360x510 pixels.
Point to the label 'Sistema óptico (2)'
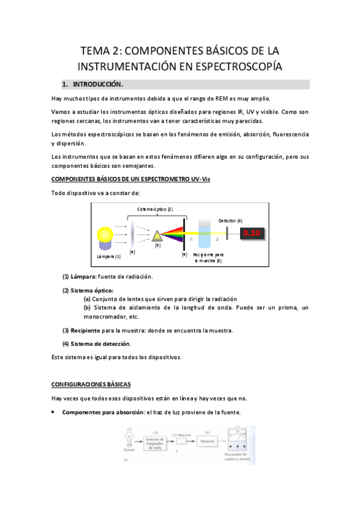(156, 209)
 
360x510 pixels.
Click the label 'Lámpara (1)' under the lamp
(109, 256)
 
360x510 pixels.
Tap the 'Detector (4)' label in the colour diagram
(230, 221)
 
